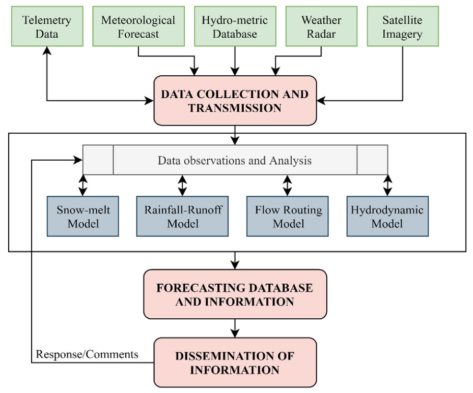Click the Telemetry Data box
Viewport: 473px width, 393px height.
coord(47,27)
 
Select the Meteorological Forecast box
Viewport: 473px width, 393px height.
coord(138,27)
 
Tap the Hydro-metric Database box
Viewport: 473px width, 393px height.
coord(235,27)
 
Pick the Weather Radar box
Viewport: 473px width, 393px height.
coord(321,27)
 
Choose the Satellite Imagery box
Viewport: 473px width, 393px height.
coord(402,27)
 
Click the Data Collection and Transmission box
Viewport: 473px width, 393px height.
coord(235,101)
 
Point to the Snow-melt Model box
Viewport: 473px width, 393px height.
coord(82,217)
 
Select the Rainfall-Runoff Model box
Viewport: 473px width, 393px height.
coord(183,217)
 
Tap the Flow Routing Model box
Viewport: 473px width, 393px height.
coord(288,217)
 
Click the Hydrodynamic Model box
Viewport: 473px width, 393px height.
coord(387,217)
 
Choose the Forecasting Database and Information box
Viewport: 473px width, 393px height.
coord(235,294)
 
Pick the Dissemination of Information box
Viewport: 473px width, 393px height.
coord(235,362)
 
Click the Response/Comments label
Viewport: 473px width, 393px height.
coord(87,354)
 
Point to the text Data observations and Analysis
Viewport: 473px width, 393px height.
coord(234,161)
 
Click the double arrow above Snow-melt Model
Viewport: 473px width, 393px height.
coord(82,185)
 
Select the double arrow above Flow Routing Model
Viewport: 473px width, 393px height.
coord(288,185)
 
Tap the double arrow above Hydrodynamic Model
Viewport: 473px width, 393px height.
coord(387,185)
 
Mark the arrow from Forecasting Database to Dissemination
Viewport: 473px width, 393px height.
coord(235,328)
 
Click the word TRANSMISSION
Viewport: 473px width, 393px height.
coord(235,108)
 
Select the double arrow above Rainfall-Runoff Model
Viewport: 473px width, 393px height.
coord(183,185)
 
